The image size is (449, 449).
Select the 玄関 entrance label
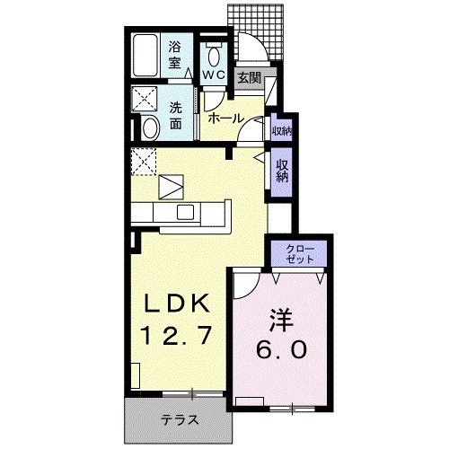click(x=250, y=78)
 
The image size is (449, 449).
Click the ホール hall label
click(x=223, y=118)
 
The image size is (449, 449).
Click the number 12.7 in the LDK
click(x=176, y=337)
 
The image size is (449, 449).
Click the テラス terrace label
click(x=180, y=419)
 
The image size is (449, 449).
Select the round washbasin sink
click(x=150, y=128)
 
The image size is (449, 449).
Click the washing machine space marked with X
click(x=144, y=99)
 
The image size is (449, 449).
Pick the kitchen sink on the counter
click(x=186, y=212)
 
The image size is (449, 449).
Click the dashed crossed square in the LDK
click(x=144, y=163)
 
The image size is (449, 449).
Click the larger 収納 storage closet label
click(x=282, y=171)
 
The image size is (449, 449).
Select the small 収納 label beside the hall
click(x=281, y=131)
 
